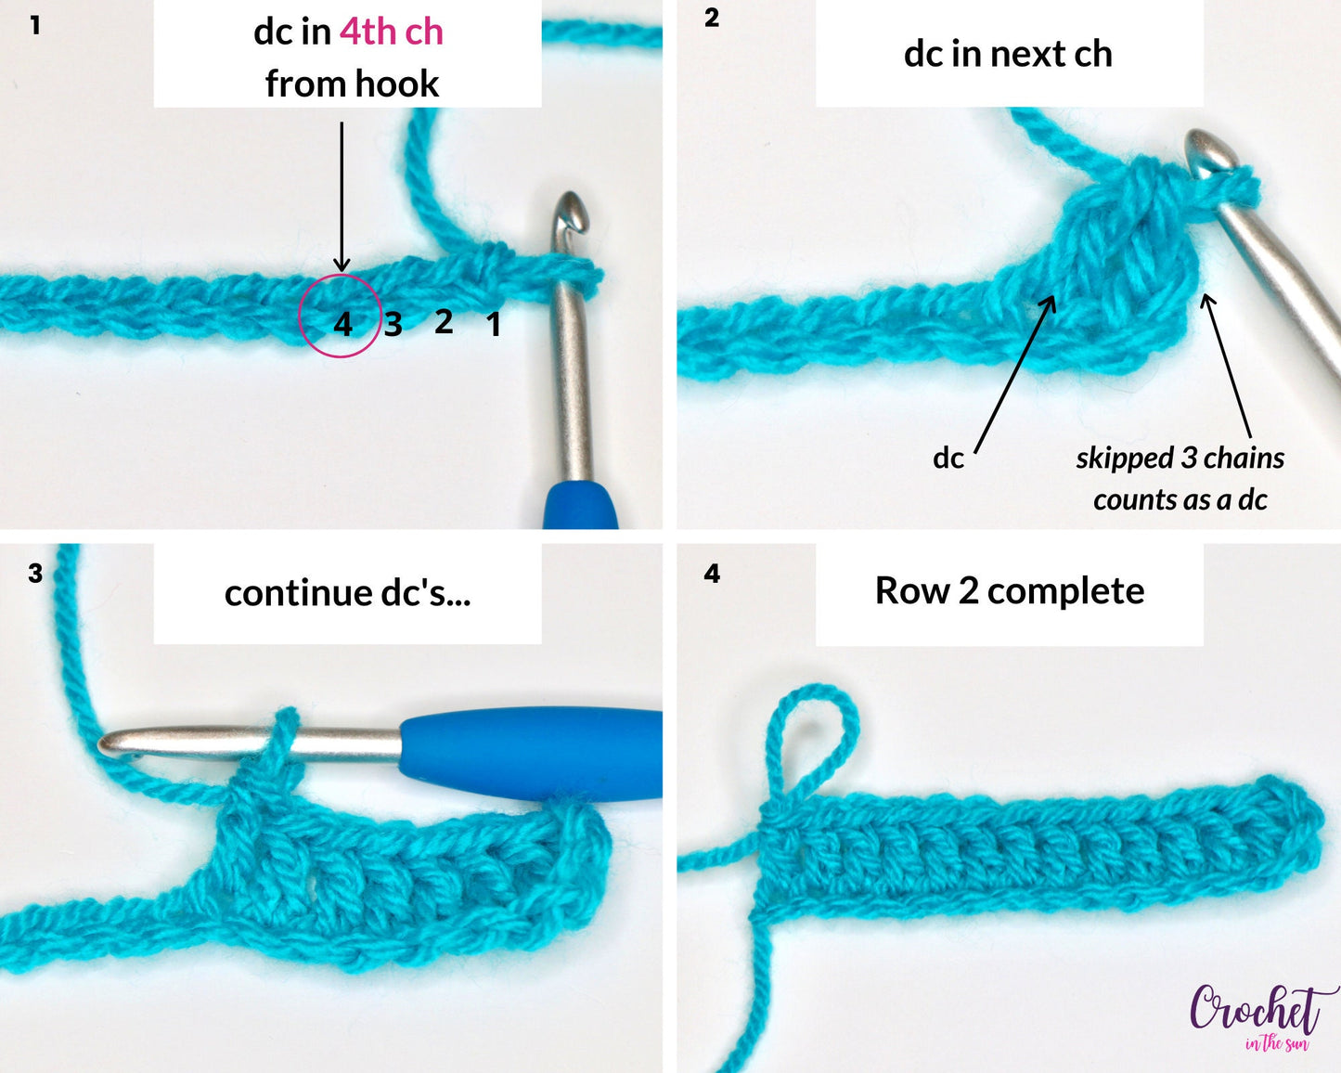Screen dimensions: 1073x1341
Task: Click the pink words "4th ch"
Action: (391, 32)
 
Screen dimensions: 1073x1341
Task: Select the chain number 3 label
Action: (393, 324)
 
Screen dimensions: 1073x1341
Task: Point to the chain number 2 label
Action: (444, 321)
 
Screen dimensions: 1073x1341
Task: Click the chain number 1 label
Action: (494, 325)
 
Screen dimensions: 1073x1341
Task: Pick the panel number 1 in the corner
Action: (35, 25)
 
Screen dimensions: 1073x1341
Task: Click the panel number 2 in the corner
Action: (712, 19)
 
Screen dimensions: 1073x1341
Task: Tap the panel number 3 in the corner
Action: (35, 574)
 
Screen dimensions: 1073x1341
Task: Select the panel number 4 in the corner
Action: (712, 574)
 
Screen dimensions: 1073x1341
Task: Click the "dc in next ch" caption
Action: (1008, 54)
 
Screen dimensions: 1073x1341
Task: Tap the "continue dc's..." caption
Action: (347, 593)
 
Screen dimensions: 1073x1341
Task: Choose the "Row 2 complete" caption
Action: (1009, 591)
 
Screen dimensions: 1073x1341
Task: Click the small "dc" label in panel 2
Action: (948, 459)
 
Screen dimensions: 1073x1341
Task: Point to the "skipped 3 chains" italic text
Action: (1180, 459)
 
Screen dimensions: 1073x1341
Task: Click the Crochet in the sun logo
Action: (1257, 1015)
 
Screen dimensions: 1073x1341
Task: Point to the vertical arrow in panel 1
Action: (342, 195)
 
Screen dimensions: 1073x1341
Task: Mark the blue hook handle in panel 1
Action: (581, 506)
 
